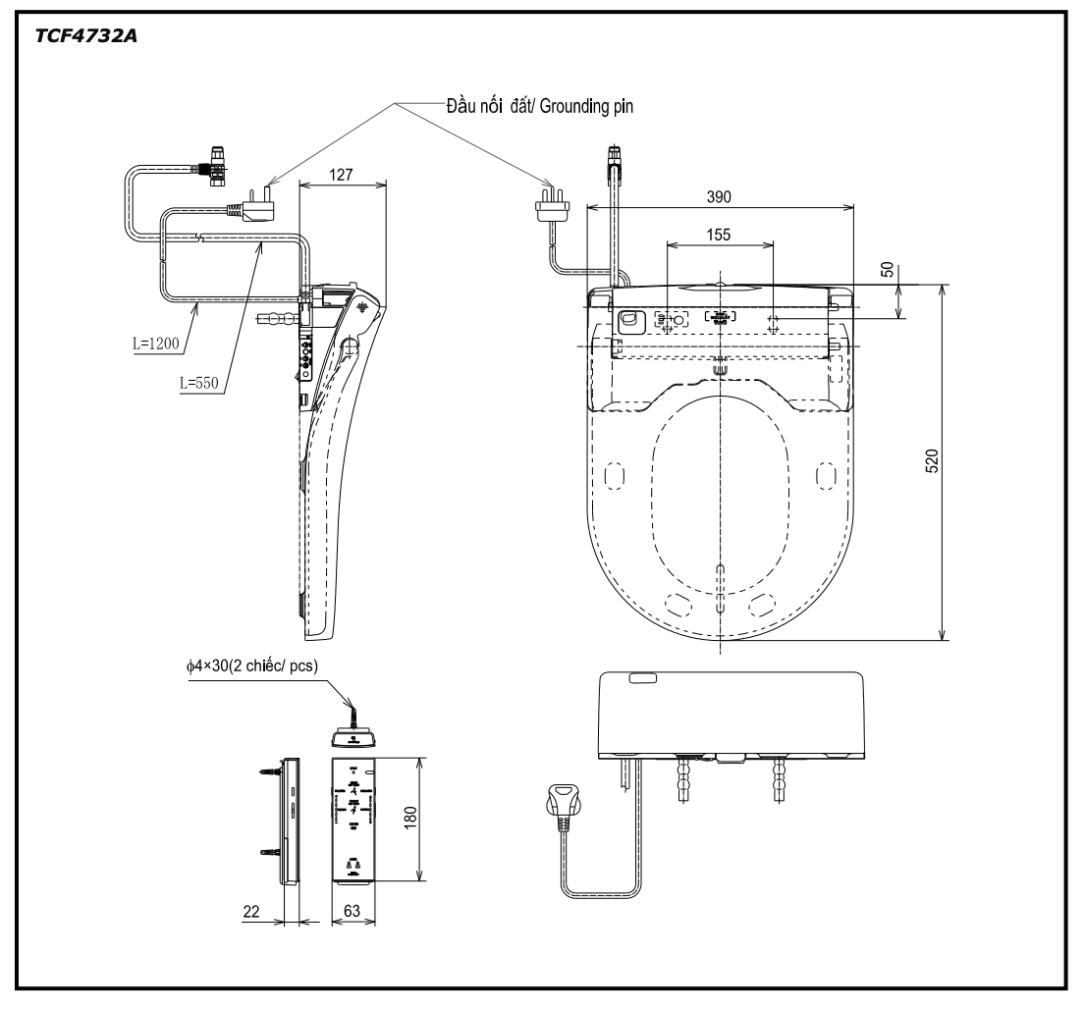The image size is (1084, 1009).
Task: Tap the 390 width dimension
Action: click(x=719, y=196)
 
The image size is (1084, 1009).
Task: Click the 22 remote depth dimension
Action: click(x=253, y=911)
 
